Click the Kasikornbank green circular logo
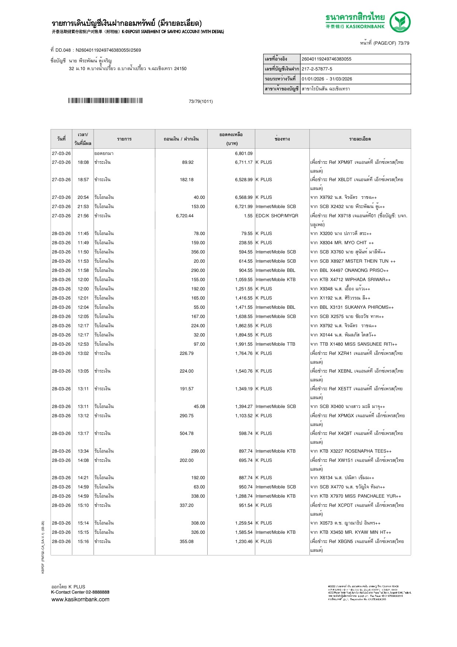tap(400, 22)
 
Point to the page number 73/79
tap(404, 43)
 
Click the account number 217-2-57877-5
tap(317, 69)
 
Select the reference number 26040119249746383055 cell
tap(326, 59)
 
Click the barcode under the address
tap(105, 101)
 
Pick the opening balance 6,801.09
tap(243, 153)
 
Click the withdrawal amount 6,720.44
tap(184, 216)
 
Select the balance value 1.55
tap(248, 216)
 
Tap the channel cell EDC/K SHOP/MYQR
tap(277, 216)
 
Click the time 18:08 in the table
tap(83, 162)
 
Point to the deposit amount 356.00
tap(198, 252)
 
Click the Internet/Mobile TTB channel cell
tap(275, 344)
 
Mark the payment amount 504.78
tap(186, 433)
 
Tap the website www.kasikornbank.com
tap(80, 599)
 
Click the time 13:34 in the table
tap(83, 451)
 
